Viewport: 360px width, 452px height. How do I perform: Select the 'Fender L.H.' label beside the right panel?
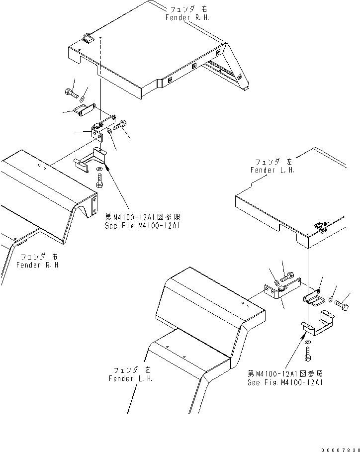[x=272, y=170]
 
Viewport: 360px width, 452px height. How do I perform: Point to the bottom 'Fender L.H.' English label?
[x=131, y=378]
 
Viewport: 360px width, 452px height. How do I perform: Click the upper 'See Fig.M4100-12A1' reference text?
[x=142, y=225]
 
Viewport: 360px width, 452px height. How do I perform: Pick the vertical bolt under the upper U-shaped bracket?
[x=99, y=183]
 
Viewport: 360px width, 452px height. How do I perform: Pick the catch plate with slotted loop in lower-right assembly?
[x=313, y=298]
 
